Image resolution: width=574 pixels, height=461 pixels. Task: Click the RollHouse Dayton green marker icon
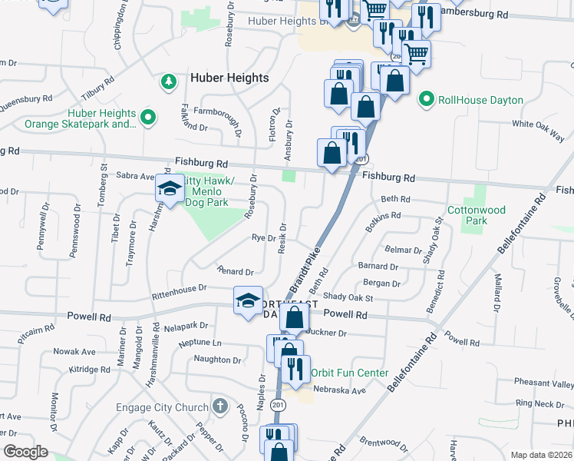tap(426, 100)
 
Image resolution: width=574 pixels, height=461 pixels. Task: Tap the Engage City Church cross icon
tap(220, 406)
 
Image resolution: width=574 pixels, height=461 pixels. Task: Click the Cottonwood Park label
tap(476, 215)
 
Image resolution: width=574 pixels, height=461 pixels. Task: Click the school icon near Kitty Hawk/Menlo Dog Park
tap(169, 187)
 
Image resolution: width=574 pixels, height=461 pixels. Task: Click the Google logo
tap(25, 452)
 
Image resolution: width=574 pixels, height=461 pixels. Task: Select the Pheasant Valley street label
tap(544, 383)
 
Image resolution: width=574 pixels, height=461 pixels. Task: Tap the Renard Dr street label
tap(235, 272)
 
